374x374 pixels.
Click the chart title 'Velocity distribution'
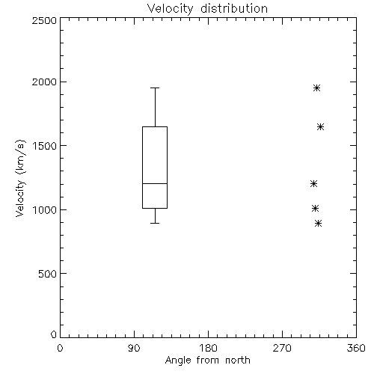tap(207, 8)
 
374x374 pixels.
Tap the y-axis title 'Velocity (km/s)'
tap(20, 178)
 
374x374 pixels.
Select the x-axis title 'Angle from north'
tap(207, 361)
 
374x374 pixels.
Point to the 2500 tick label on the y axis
tap(44, 20)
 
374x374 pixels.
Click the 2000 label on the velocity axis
tap(44, 82)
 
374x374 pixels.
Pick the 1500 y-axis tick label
tap(45, 146)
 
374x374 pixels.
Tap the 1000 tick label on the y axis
tap(45, 210)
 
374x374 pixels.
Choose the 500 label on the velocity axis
tap(48, 274)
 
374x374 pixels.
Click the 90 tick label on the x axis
tap(134, 348)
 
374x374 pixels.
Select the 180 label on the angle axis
tap(208, 348)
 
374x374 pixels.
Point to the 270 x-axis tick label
tap(282, 348)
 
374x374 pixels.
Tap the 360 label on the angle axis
tap(356, 348)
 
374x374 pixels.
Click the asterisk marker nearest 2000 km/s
tap(316, 88)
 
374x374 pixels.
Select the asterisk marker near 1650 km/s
tap(320, 126)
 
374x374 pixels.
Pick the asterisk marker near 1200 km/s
tap(313, 184)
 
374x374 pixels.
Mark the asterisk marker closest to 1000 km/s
tap(315, 208)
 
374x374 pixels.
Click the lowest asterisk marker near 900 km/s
tap(318, 223)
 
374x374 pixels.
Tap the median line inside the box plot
tap(155, 183)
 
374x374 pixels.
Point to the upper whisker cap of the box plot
tap(155, 88)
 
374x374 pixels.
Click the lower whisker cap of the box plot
tap(155, 223)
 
